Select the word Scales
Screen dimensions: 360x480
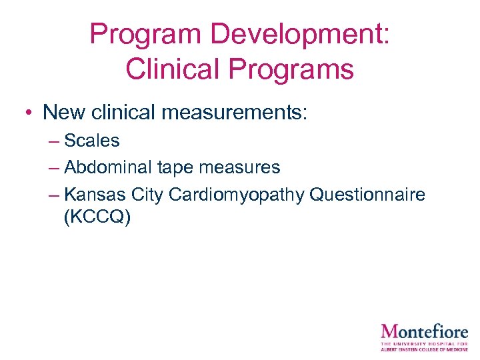pos(92,141)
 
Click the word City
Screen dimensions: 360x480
pos(147,195)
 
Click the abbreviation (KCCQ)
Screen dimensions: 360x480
pos(97,217)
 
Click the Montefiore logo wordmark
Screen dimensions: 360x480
pos(424,332)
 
